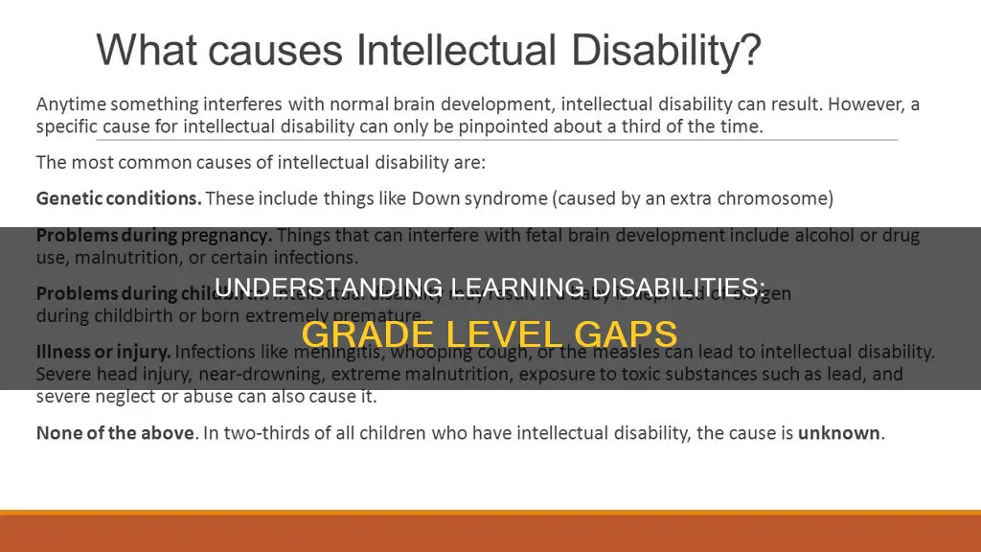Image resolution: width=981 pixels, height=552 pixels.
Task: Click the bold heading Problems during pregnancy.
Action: (153, 236)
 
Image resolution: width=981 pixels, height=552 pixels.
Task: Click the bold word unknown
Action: (840, 432)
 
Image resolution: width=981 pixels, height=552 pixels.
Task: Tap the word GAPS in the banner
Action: (631, 333)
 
